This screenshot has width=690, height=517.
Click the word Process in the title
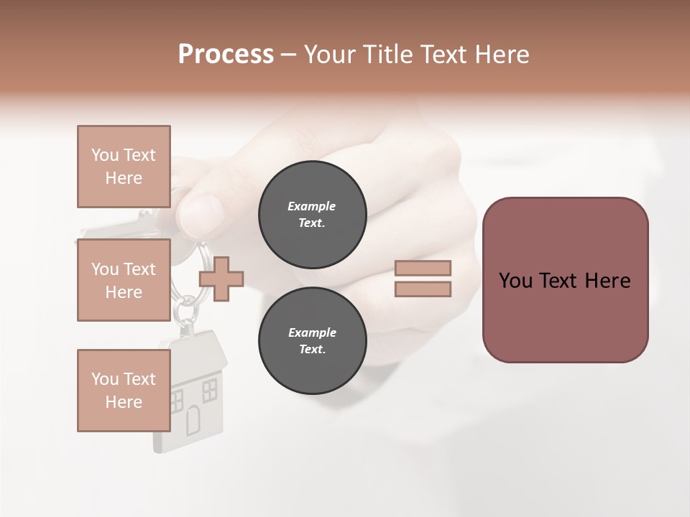click(226, 55)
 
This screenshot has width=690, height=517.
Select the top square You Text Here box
click(124, 167)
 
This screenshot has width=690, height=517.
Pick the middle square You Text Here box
click(124, 280)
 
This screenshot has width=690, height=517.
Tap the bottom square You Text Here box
click(124, 390)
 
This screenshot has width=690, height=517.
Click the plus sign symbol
click(221, 279)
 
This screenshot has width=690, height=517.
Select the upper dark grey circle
click(312, 214)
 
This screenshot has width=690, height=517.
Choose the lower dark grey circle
click(312, 340)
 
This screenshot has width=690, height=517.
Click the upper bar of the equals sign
click(423, 268)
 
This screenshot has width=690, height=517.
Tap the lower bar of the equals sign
click(423, 289)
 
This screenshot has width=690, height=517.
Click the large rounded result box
click(565, 280)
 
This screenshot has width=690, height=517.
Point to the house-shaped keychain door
click(193, 421)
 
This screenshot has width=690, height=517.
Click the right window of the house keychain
click(210, 391)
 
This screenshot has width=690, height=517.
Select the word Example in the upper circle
click(312, 206)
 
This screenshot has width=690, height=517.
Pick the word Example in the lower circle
click(312, 332)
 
